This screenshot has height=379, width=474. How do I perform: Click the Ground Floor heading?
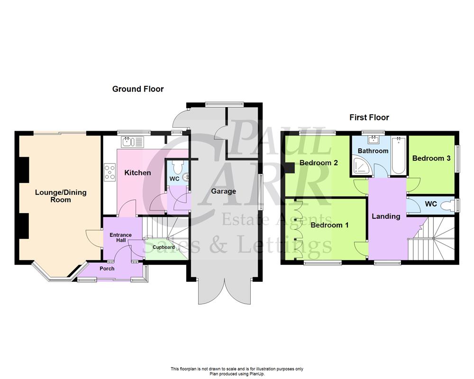138,89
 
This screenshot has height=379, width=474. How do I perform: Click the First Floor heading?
369,117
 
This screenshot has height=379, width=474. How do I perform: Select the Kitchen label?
137,172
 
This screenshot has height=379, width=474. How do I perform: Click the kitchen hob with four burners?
109,172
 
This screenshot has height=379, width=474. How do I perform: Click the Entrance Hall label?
121,238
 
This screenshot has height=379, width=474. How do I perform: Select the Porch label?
107,268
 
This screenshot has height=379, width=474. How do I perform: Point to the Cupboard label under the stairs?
164,247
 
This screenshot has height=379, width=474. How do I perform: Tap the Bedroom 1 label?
329,225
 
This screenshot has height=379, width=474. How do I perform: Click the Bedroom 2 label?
319,162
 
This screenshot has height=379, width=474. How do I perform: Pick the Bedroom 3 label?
431,158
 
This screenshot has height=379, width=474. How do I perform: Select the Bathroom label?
373,151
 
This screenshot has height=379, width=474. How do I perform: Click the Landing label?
386,216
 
